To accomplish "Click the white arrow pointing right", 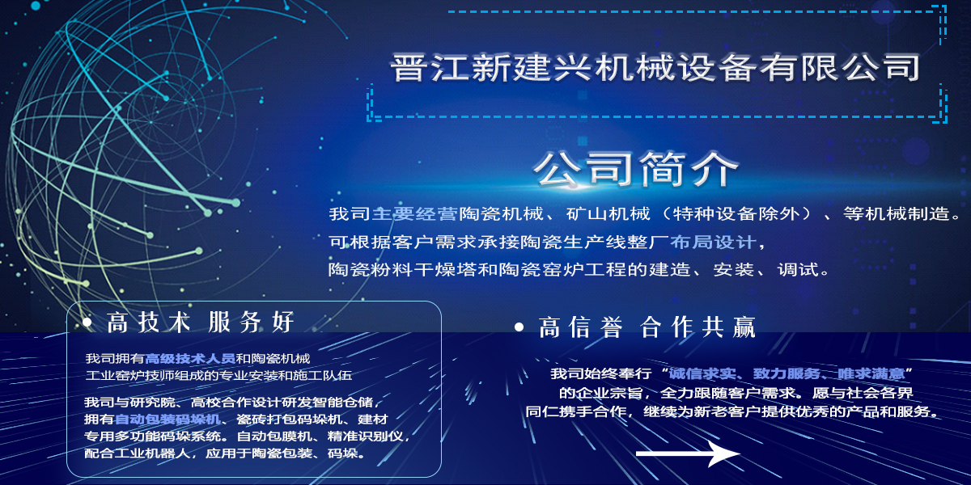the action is coord(689,453).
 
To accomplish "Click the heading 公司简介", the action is coord(636,170).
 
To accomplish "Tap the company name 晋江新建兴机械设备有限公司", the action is coord(655,67).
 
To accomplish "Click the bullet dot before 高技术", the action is coord(87,323).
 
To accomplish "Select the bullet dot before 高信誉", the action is coord(519,327).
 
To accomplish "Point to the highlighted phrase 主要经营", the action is coord(415,214).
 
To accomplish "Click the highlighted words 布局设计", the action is coord(713,242).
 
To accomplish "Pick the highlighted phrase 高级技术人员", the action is coord(190,359).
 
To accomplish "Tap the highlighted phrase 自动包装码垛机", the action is coord(167,420).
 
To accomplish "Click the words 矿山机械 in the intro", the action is coord(608,214).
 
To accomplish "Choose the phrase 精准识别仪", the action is coord(366,436).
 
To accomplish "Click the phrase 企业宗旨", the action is coord(609,393).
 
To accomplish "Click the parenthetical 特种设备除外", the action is coord(736,214).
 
